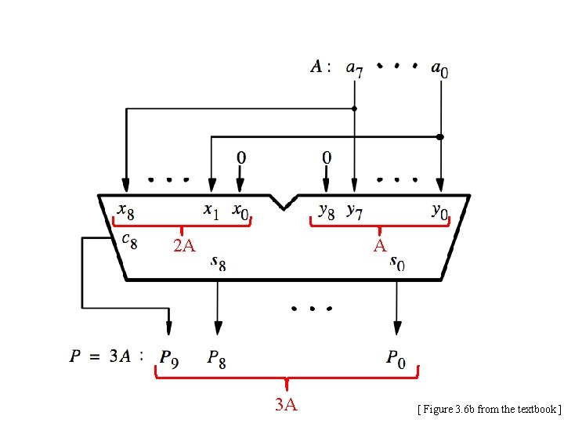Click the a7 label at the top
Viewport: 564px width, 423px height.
354,69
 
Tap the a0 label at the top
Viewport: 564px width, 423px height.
440,69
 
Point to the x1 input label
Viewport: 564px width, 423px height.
211,211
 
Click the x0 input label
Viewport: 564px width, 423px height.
241,211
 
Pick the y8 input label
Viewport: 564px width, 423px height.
327,211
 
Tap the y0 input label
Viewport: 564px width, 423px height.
441,211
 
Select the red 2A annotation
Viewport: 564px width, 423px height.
184,247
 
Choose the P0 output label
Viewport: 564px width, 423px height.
396,358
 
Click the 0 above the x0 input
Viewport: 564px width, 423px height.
240,157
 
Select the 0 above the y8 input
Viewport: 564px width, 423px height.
327,157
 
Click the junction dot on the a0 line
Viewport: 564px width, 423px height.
440,136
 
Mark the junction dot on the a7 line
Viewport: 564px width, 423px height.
354,107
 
